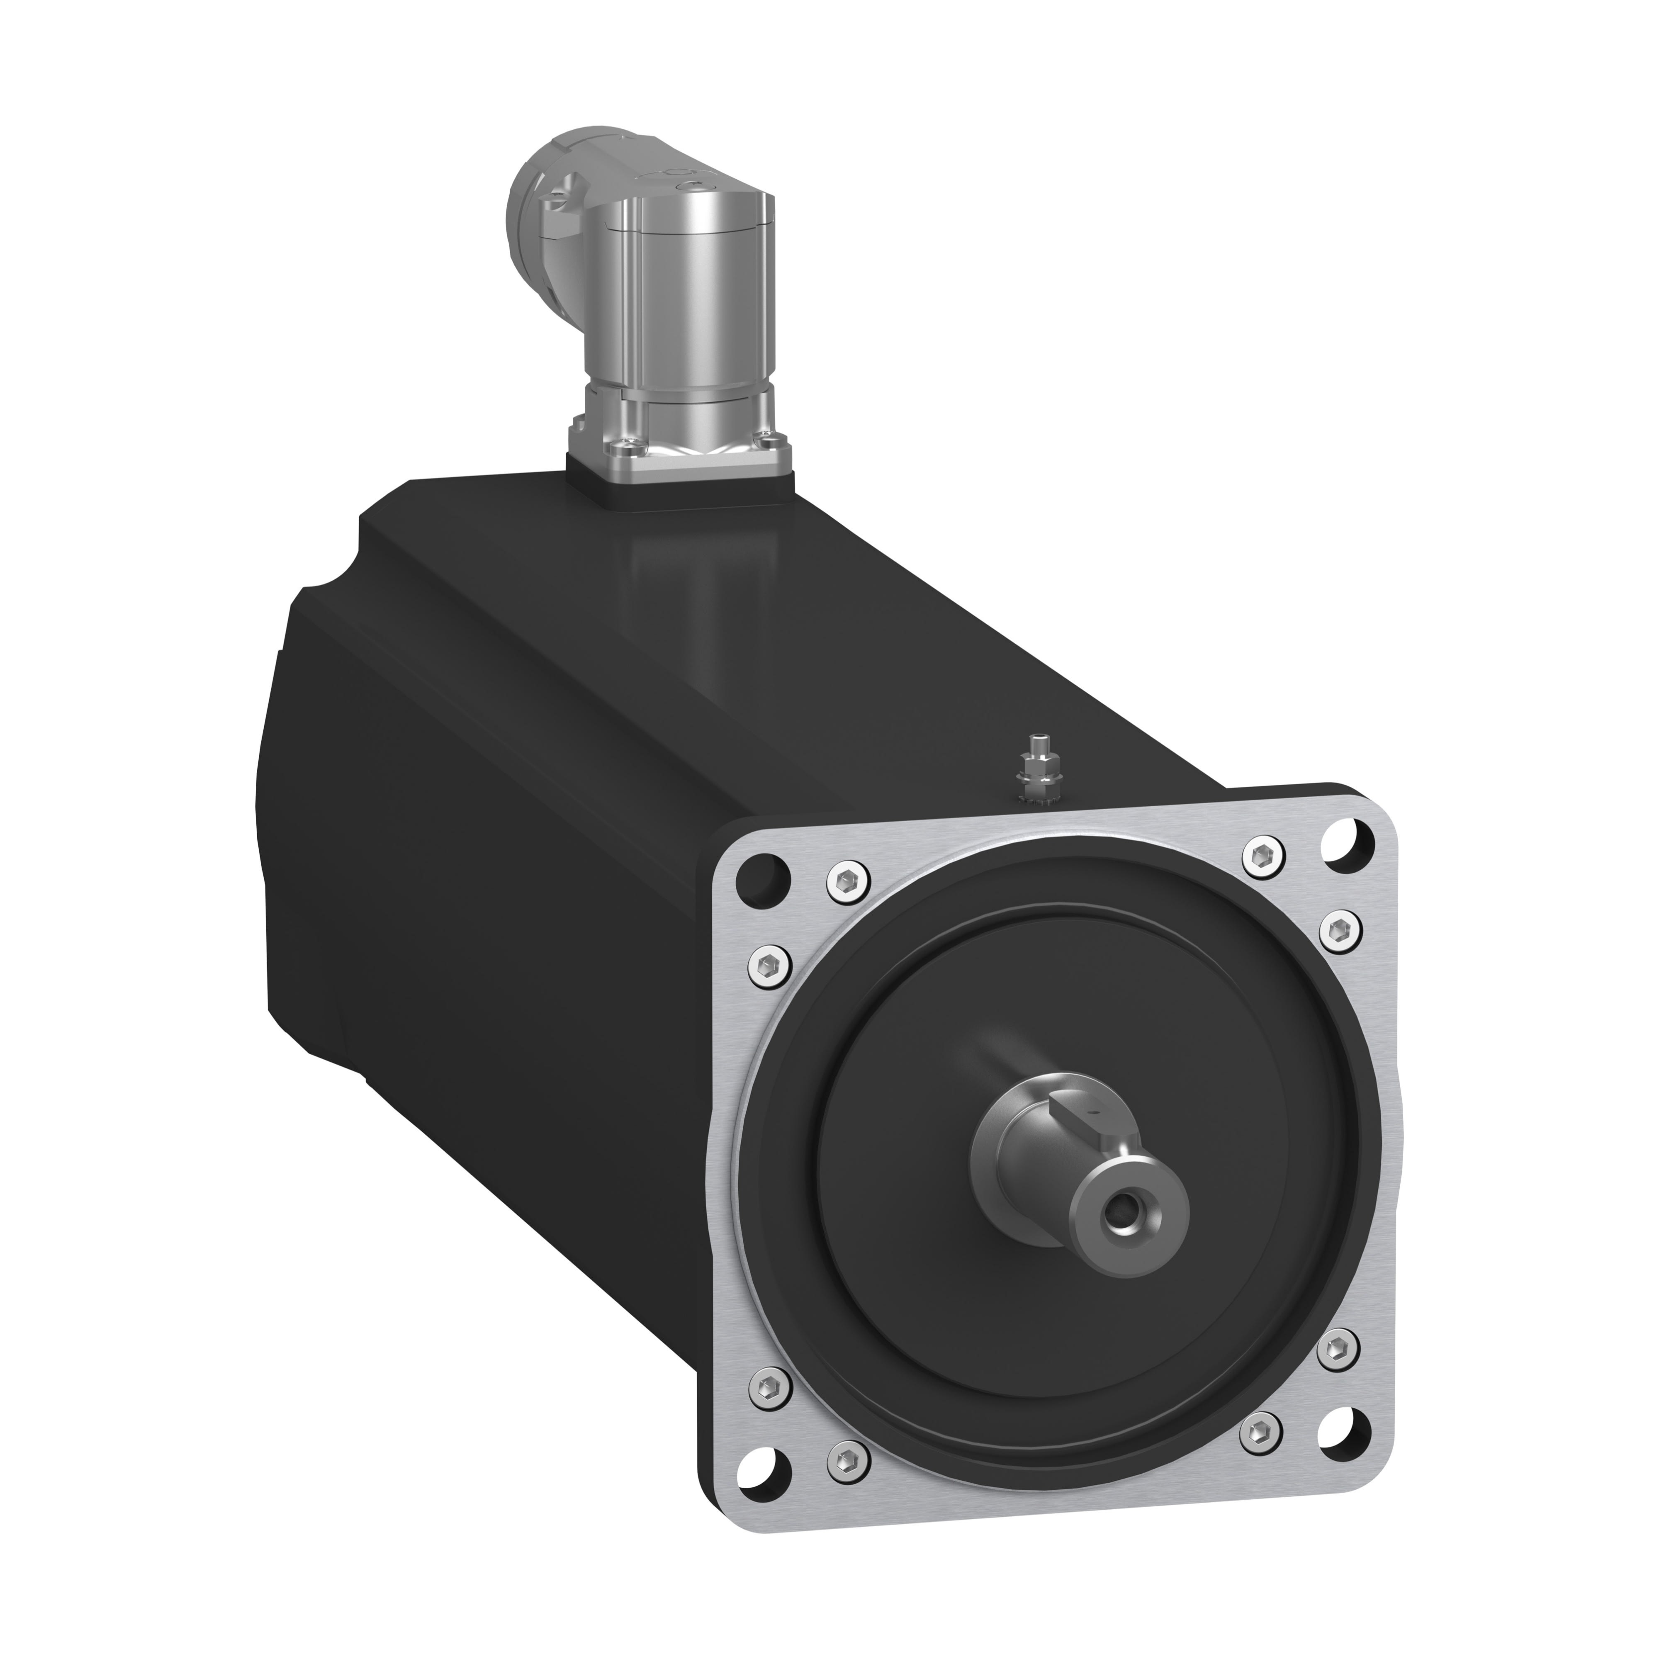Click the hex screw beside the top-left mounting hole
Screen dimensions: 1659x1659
pyautogui.click(x=849, y=878)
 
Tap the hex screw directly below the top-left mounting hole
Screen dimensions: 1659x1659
pyautogui.click(x=770, y=960)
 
